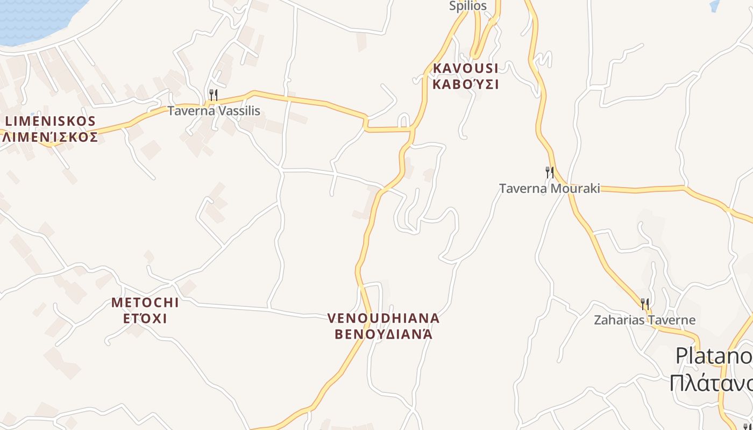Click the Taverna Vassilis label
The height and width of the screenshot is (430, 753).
[214, 111]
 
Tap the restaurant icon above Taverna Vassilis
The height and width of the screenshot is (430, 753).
[214, 96]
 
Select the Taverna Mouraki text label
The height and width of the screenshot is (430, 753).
[549, 189]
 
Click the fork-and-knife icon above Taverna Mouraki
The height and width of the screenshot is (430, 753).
[549, 173]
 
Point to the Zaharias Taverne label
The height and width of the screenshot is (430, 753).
[644, 320]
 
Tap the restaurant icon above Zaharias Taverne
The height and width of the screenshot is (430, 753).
[644, 304]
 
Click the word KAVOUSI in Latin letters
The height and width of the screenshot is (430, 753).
[465, 68]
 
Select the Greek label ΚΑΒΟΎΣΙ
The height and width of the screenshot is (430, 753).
[465, 84]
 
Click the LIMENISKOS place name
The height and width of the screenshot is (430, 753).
[50, 121]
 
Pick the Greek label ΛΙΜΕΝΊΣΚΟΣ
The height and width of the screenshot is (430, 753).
[50, 137]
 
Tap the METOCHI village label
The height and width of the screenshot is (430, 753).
[145, 303]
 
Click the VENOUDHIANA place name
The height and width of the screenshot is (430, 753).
[383, 318]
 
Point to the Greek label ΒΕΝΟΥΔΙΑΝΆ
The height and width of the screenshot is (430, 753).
[383, 334]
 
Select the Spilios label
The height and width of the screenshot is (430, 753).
[468, 6]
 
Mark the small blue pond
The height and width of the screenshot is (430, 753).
[715, 5]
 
